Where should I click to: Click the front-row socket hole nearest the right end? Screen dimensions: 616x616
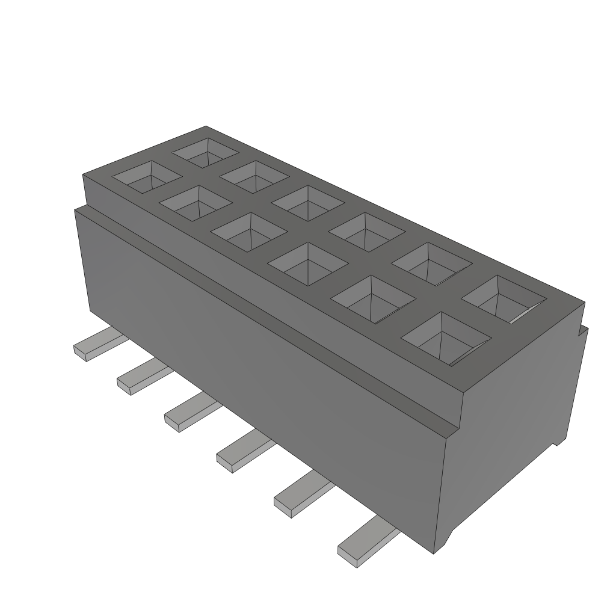tap(446, 339)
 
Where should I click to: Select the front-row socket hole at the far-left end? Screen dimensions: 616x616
tap(147, 176)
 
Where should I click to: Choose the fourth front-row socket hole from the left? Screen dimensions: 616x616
tap(308, 259)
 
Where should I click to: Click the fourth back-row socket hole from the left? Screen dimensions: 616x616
tap(366, 231)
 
